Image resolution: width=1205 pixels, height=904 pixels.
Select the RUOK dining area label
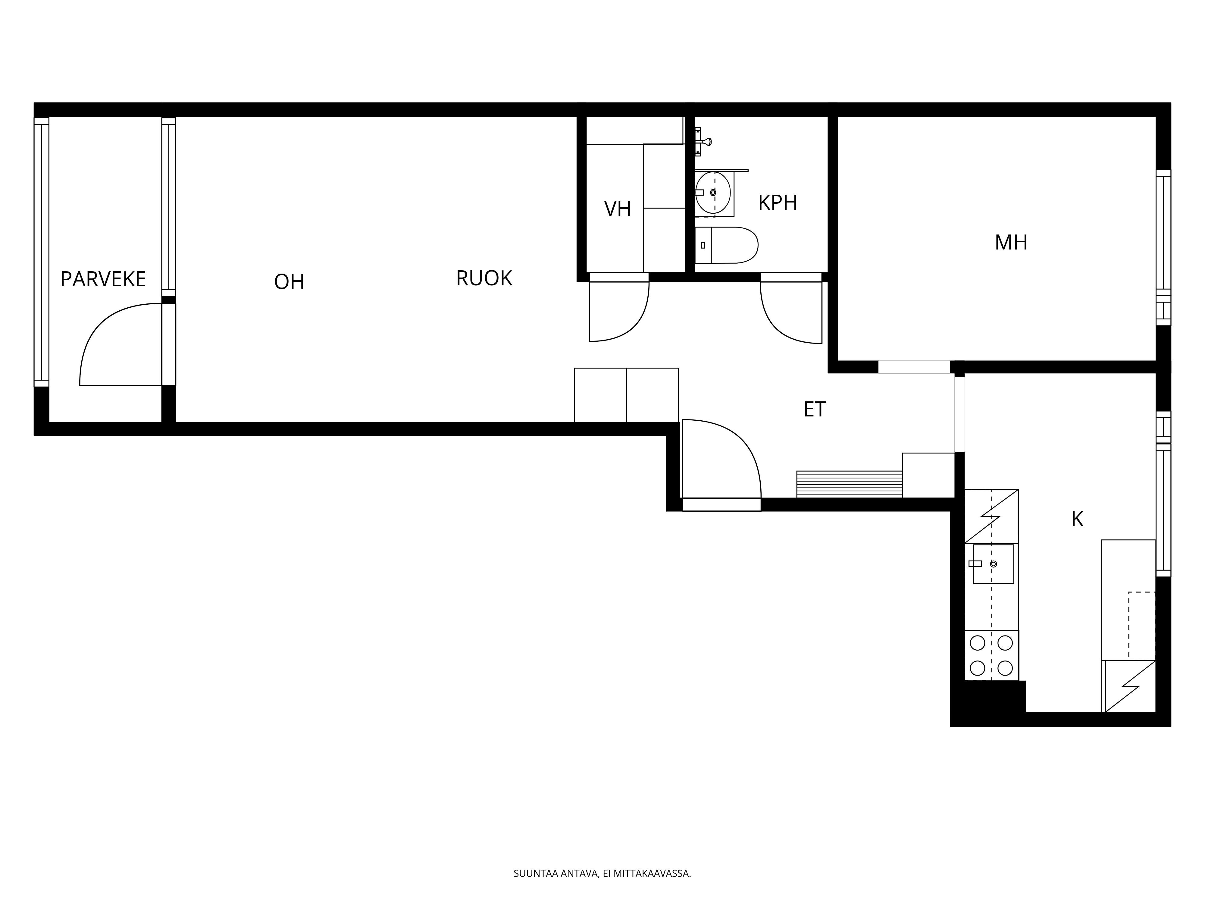(x=484, y=278)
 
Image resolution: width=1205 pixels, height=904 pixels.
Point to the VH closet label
(x=617, y=209)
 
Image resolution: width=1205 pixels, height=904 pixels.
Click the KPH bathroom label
(x=777, y=203)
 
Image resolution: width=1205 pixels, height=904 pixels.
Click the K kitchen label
(x=1077, y=519)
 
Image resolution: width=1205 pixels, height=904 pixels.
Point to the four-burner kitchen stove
(x=991, y=655)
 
